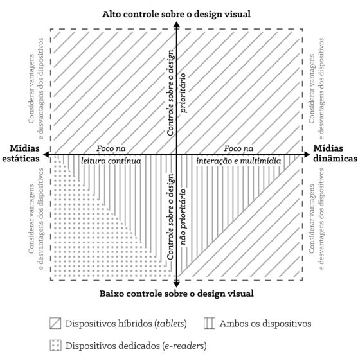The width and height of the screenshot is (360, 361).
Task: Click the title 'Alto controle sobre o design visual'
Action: coord(177,14)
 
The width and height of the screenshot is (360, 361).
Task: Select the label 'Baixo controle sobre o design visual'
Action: coord(177,294)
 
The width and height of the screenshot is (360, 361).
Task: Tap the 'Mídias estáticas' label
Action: coord(21,154)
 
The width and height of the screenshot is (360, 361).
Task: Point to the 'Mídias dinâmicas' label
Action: coord(335,154)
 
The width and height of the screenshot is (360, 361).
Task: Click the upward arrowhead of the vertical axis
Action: coord(177,24)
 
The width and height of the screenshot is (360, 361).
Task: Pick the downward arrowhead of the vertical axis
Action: coord(177,284)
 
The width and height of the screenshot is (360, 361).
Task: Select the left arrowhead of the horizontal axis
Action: coord(46,154)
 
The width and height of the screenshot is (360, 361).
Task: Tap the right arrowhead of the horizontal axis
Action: coord(307,154)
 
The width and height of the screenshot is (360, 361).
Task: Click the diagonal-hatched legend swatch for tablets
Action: coord(55,323)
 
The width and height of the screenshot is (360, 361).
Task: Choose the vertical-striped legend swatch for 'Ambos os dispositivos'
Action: coord(210,323)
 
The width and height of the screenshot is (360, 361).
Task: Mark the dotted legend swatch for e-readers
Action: coord(55,346)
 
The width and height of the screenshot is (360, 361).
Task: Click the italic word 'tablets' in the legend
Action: coord(170,324)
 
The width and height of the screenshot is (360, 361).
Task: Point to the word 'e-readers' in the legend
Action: coord(184,346)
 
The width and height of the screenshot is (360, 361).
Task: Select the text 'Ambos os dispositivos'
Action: coord(265,324)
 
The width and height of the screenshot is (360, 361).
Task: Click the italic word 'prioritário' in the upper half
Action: coord(183,92)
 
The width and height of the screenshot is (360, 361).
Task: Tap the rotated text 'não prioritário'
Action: coord(183,217)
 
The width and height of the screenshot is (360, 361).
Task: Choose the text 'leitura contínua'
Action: coord(111,161)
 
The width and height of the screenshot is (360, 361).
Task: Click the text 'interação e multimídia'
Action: coord(239,161)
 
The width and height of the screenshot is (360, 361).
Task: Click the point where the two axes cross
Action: coord(177,154)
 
